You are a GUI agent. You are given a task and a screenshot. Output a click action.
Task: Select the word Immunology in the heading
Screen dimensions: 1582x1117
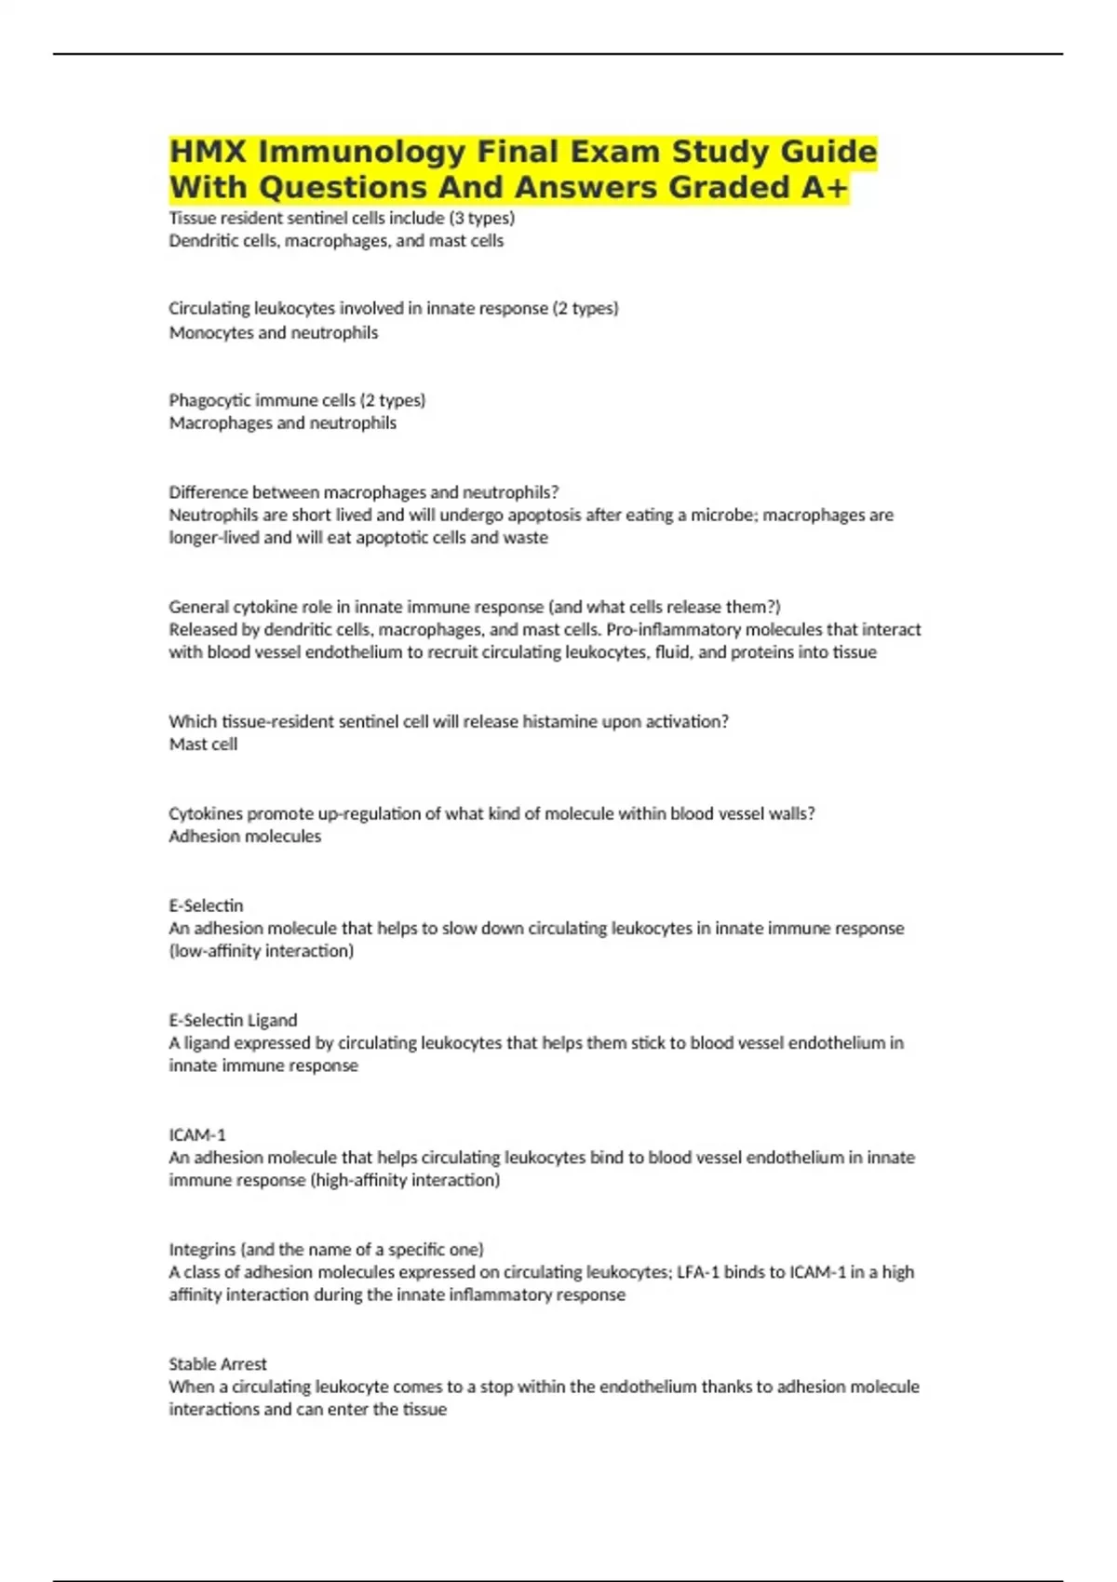[x=363, y=152]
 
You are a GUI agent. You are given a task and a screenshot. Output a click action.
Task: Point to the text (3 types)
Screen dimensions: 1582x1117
[x=481, y=218]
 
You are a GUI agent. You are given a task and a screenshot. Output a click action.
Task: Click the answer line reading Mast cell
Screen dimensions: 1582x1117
[x=203, y=744]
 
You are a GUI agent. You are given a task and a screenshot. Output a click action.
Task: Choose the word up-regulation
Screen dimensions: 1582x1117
[x=370, y=813]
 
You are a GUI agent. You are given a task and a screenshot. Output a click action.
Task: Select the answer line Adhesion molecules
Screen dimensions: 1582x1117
[x=245, y=836]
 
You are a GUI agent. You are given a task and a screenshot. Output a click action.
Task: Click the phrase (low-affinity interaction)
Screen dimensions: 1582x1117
[x=262, y=950]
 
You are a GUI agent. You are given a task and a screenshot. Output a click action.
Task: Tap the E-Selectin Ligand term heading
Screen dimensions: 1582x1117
[x=233, y=1020]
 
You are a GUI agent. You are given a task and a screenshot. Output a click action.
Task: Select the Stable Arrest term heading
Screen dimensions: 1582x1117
[x=218, y=1363]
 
